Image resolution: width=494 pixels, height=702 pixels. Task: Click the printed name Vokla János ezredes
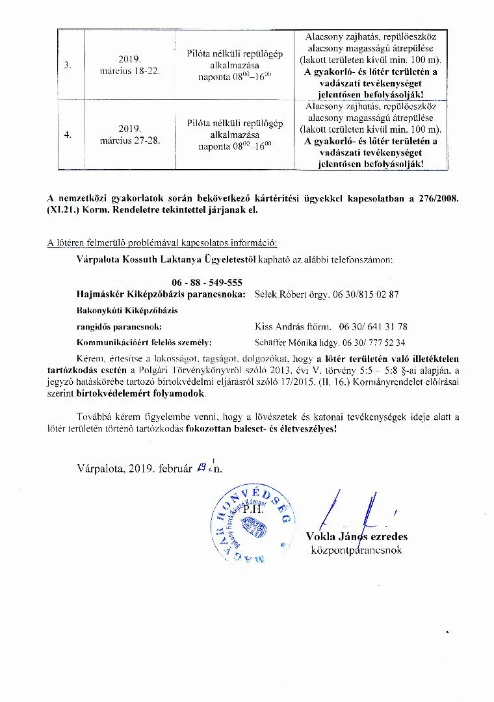(x=356, y=536)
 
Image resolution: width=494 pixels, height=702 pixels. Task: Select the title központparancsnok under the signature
(x=357, y=550)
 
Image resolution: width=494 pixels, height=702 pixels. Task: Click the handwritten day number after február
(x=197, y=467)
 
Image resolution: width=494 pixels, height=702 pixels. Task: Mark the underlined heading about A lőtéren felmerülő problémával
(x=162, y=243)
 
